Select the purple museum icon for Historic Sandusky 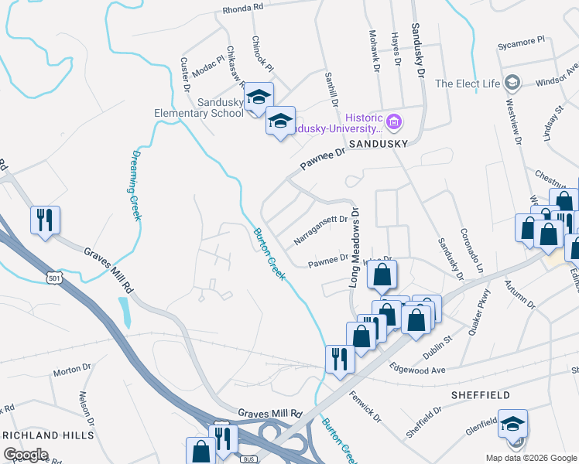coord(394,121)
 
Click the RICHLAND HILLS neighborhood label coord(47,435)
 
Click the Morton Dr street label coord(72,372)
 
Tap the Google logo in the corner coord(26,455)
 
